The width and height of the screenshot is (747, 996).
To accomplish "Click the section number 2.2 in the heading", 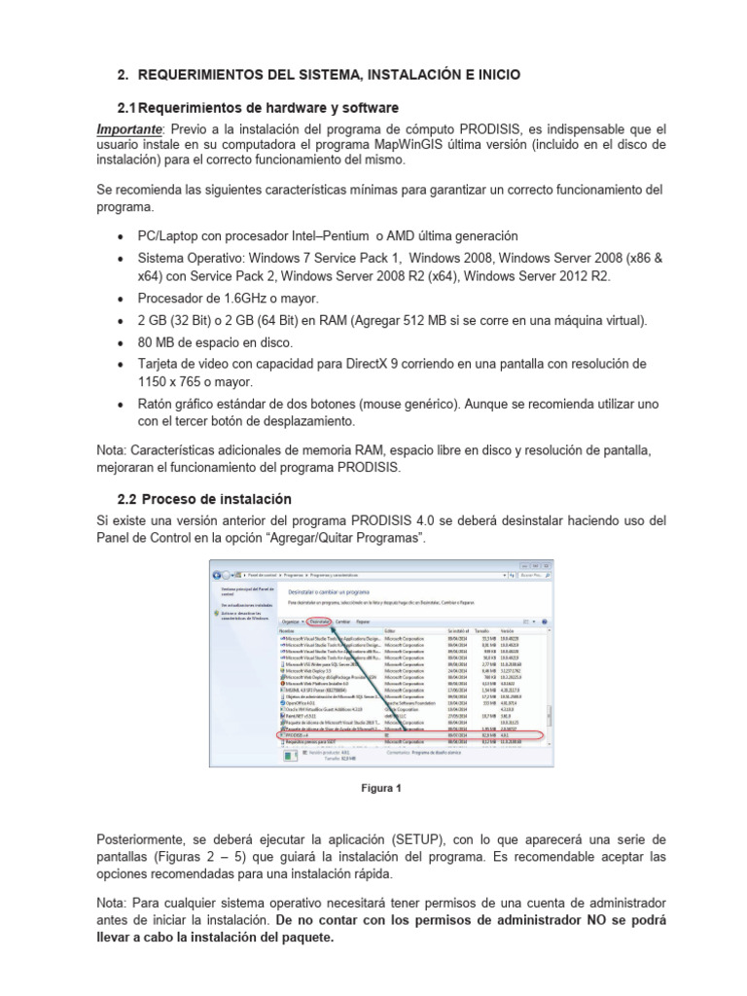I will pyautogui.click(x=128, y=499).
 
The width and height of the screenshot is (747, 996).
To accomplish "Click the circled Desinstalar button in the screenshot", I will pyautogui.click(x=319, y=621).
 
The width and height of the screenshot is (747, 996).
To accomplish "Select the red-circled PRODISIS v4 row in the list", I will pyautogui.click(x=409, y=736).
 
